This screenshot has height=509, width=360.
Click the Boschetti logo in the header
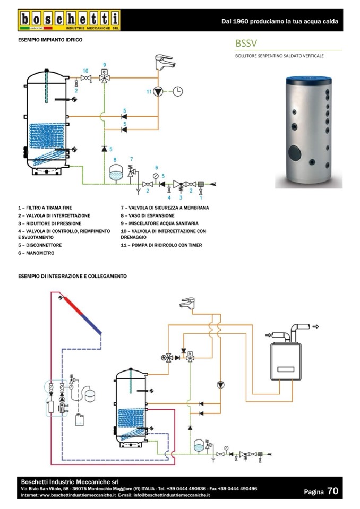(69, 20)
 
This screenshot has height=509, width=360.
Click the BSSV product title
(247, 42)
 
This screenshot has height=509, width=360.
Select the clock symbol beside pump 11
(178, 91)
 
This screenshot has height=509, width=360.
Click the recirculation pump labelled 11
(158, 91)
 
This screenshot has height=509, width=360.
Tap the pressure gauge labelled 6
(156, 176)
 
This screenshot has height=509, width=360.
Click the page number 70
(332, 491)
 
